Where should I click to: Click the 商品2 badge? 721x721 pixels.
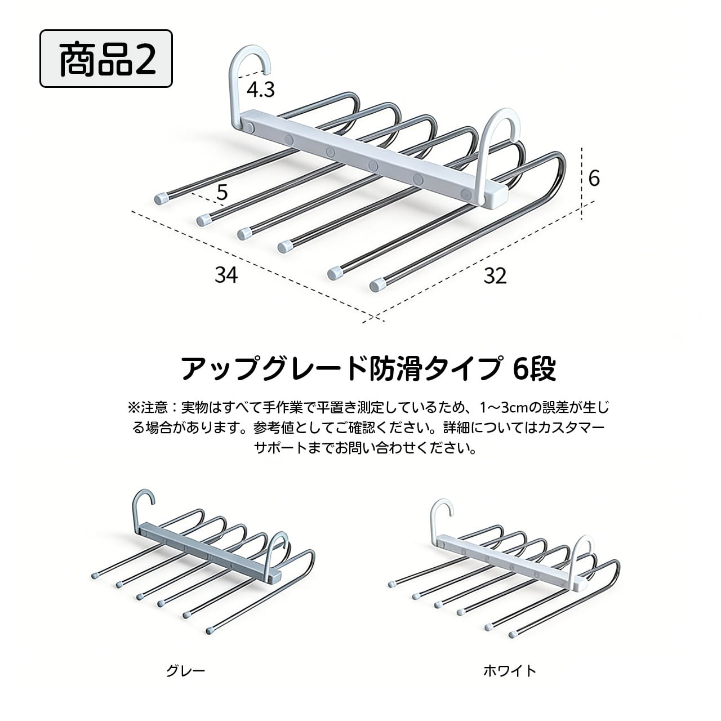click(x=106, y=59)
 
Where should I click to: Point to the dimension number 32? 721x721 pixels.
click(x=495, y=275)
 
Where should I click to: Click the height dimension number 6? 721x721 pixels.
click(x=594, y=179)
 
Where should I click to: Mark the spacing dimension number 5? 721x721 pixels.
click(x=221, y=193)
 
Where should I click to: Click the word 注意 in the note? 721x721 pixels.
click(x=151, y=407)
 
